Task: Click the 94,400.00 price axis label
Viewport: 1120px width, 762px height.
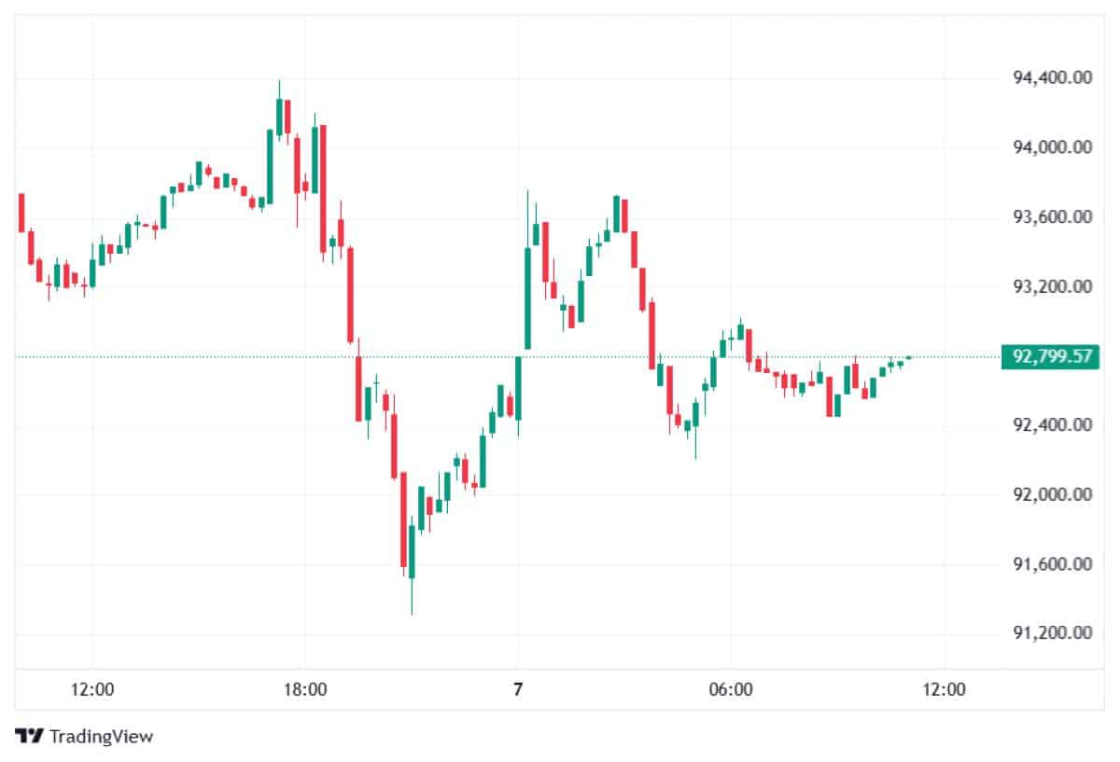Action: pos(1053,78)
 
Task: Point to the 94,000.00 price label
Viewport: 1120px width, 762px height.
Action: pos(1053,148)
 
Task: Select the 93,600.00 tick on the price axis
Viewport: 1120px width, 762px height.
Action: pos(1053,217)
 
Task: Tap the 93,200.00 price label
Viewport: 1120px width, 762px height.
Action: pos(1053,286)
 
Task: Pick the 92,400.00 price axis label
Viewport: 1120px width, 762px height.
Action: pos(1053,425)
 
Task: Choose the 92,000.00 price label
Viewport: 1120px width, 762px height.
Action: pos(1053,495)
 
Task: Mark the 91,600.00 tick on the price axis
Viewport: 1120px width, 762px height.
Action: pos(1053,564)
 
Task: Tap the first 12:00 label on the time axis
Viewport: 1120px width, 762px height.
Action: pos(92,690)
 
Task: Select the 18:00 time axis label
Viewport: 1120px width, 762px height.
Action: pos(305,690)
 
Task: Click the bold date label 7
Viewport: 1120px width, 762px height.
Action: pos(518,690)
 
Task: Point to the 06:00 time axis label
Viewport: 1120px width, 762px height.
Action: pos(731,690)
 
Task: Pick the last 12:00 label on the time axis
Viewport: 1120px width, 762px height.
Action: pos(944,690)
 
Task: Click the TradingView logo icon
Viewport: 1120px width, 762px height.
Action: pos(29,736)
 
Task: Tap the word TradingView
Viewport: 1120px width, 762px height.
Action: pos(101,736)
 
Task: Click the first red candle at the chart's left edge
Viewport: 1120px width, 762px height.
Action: pos(21,213)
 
